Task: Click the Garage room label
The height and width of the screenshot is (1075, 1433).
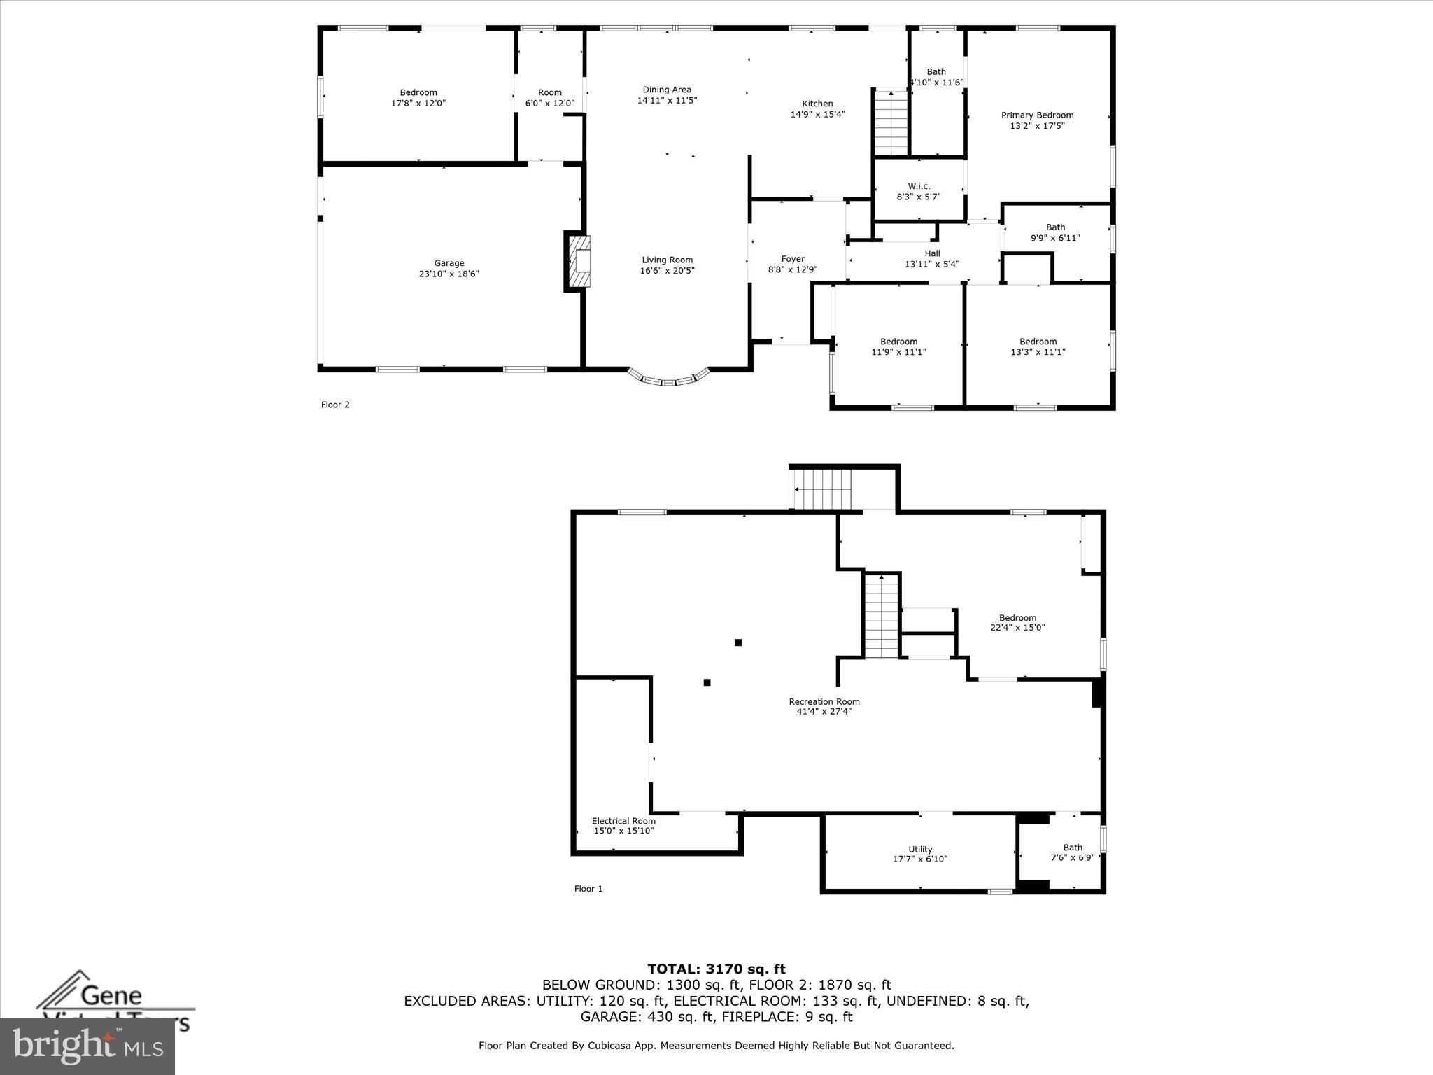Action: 449,263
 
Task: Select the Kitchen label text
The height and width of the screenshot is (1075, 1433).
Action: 817,104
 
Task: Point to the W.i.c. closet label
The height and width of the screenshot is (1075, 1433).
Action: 919,186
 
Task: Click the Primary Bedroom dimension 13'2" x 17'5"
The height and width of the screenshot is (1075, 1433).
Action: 1037,126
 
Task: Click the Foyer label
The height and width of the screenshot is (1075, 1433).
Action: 793,259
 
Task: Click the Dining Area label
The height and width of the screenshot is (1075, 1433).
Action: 667,90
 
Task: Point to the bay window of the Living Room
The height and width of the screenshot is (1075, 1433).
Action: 669,380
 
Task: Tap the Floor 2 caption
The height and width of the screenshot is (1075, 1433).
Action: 335,405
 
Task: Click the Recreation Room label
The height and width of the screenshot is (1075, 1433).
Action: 824,701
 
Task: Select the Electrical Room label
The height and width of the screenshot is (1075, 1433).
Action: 623,821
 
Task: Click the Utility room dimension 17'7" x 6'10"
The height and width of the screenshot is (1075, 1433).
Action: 920,859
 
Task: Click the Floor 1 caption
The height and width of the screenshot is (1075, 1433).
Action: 588,889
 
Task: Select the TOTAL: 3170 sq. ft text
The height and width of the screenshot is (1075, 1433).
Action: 716,969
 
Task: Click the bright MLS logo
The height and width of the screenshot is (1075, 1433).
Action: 87,1046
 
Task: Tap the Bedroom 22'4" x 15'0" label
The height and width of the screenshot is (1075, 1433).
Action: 1017,618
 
